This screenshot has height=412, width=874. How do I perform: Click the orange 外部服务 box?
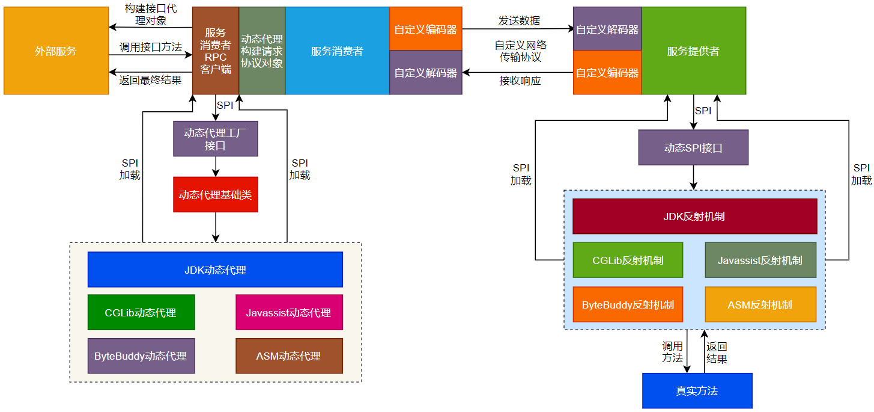pos(56,51)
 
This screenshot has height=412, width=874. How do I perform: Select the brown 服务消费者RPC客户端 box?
pos(216,51)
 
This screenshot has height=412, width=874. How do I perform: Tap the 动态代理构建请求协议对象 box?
pos(262,51)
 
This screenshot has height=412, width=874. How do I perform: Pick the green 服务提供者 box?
pos(693,51)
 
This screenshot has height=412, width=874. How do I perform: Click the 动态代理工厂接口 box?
pos(215,139)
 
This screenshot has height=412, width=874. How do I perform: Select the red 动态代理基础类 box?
pos(215,194)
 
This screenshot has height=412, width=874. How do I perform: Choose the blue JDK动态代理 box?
pos(215,269)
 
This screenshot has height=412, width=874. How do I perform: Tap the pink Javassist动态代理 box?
pos(288,312)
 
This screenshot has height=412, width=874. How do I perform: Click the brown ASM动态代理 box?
pos(288,355)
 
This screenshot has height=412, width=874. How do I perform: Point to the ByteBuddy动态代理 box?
pos(141,355)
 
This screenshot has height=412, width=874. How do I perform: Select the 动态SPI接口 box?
pos(693,148)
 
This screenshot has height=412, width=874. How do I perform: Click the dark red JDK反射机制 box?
pos(694,216)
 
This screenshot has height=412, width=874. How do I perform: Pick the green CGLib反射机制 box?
pos(628,260)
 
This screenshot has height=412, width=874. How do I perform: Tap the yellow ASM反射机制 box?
pos(760,304)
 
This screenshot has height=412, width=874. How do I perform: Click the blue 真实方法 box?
pos(697,391)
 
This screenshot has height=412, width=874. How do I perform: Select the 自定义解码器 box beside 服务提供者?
pos(607,29)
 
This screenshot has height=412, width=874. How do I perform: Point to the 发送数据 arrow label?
pos(519,20)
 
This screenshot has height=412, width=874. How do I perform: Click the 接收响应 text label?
pos(520,81)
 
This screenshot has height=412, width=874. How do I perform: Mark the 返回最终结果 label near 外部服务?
pos(150,80)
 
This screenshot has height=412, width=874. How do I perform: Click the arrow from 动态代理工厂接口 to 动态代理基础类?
pos(216,167)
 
